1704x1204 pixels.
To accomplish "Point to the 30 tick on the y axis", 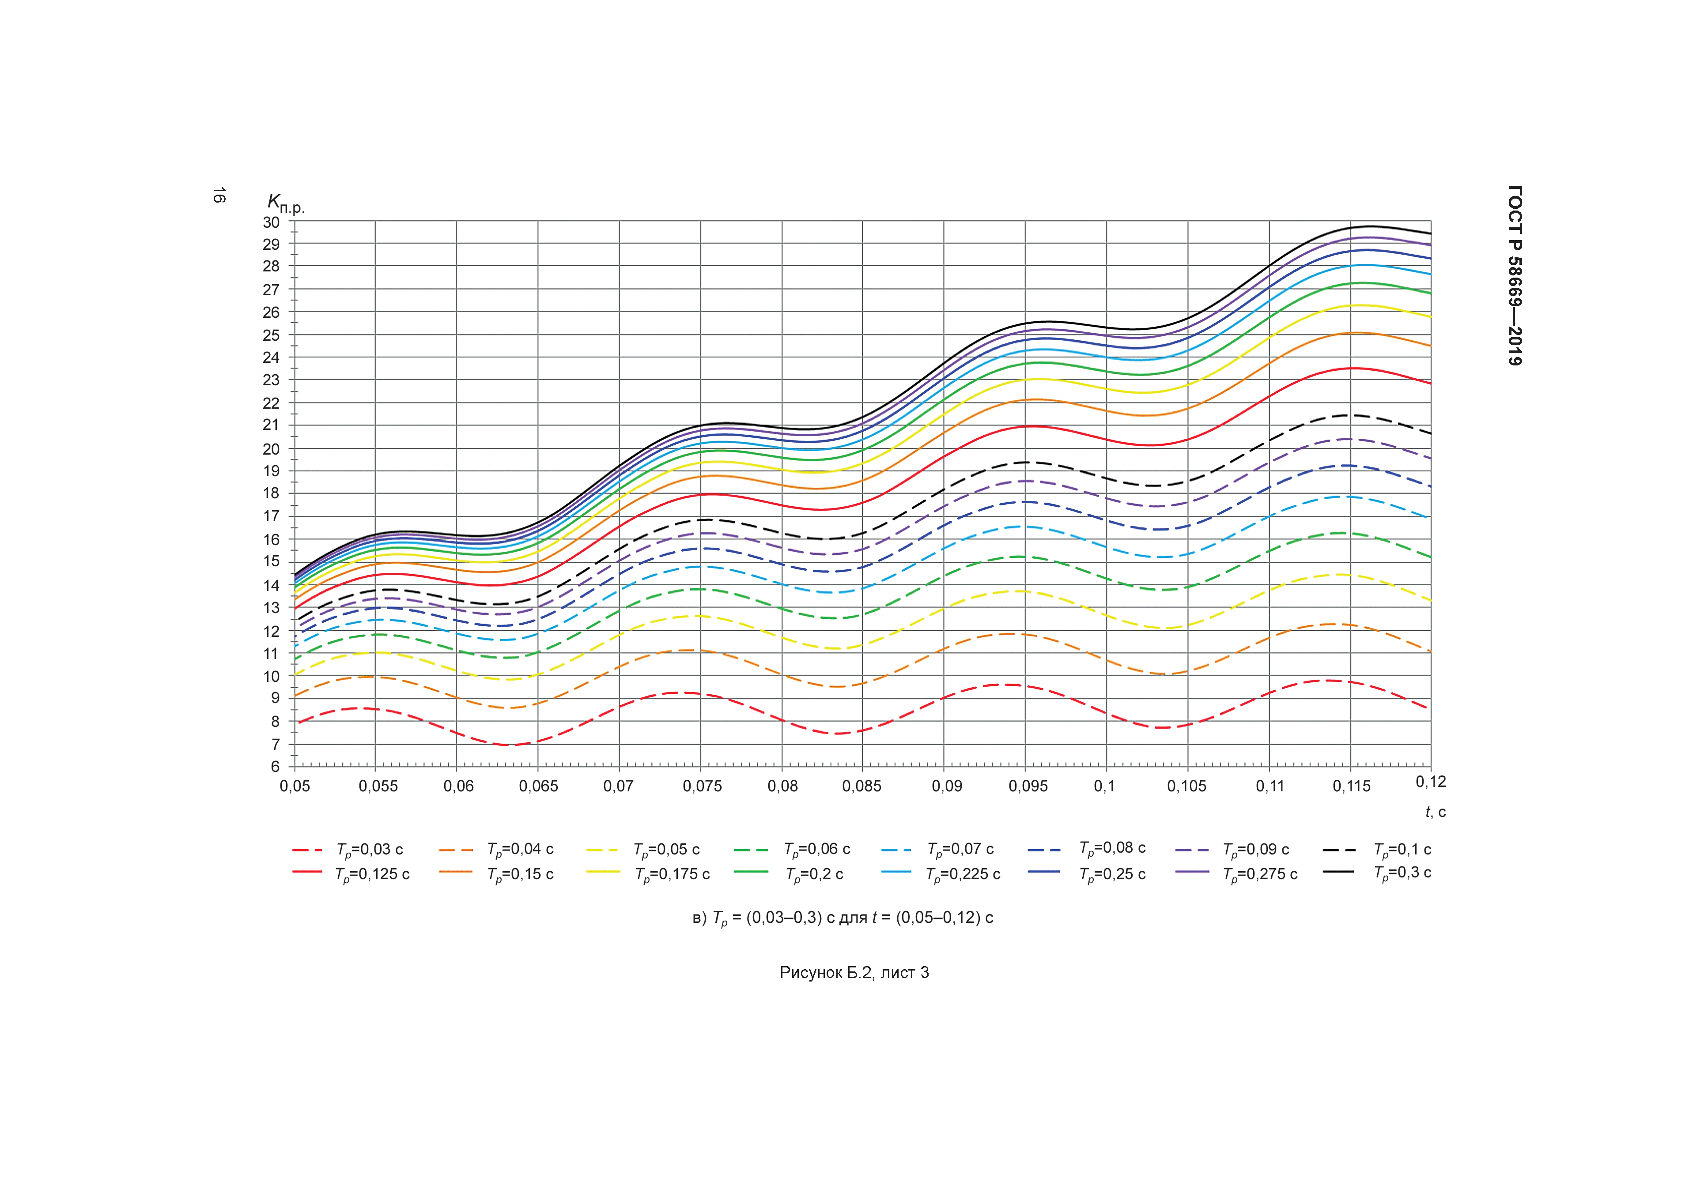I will [x=272, y=222].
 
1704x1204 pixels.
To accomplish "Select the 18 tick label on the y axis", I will [x=272, y=493].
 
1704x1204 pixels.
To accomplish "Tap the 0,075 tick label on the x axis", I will [x=702, y=786].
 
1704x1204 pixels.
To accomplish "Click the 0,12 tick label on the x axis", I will [x=1430, y=782].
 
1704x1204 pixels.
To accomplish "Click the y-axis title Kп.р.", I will [x=286, y=203].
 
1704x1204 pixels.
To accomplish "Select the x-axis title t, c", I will [x=1435, y=813].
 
